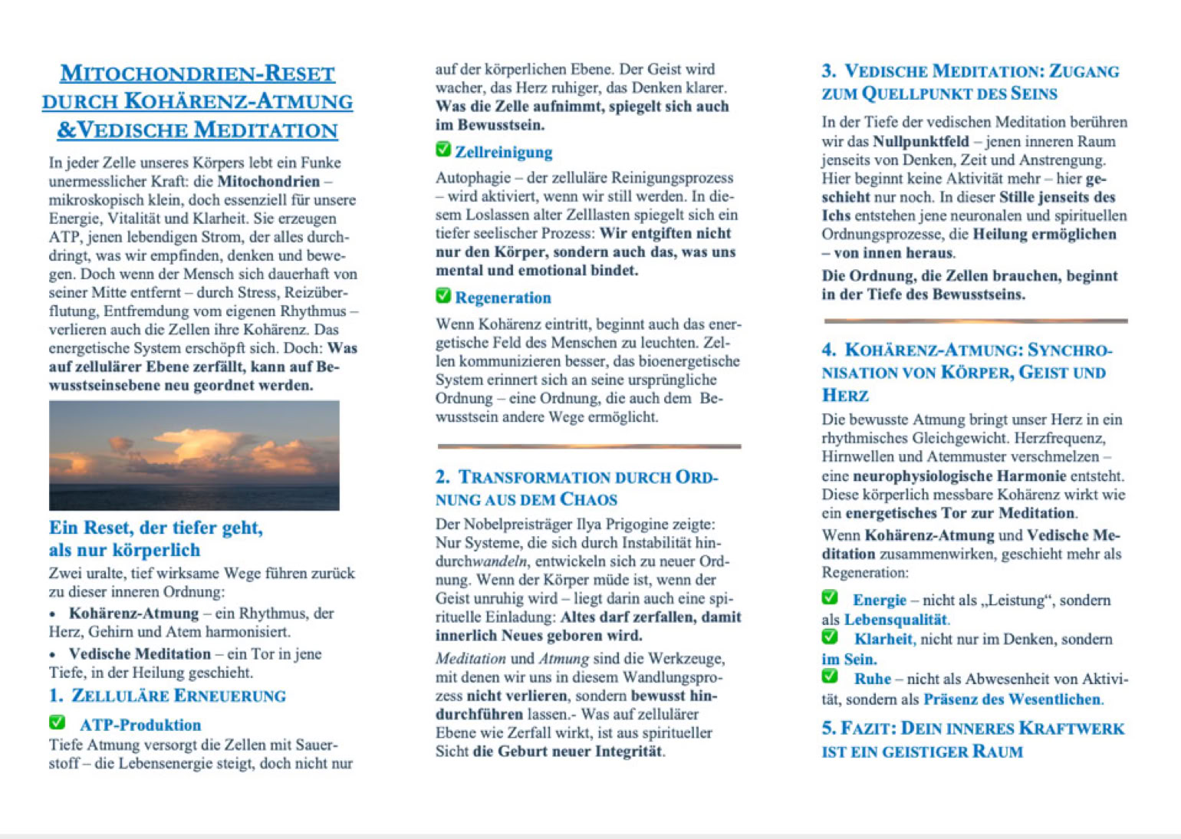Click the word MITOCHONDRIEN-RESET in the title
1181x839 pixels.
[x=197, y=74]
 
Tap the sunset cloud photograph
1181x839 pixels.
[x=194, y=455]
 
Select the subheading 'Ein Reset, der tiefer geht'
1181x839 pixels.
[x=156, y=528]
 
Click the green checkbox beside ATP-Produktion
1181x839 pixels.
[x=58, y=722]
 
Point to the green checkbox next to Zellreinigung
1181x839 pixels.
[x=443, y=150]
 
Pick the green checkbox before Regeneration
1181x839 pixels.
[x=443, y=295]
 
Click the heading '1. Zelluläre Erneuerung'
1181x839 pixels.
[x=167, y=696]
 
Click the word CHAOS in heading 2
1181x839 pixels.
[x=588, y=499]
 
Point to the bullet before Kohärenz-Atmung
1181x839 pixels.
[x=53, y=614]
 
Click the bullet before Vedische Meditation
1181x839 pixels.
[x=53, y=655]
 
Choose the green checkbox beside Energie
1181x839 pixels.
[x=830, y=597]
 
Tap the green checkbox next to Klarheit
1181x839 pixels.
[x=830, y=637]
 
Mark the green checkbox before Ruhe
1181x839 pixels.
[x=830, y=676]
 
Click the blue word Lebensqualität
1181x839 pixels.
[x=896, y=620]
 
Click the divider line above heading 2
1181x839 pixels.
[x=589, y=446]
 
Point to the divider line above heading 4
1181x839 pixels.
[x=975, y=321]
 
